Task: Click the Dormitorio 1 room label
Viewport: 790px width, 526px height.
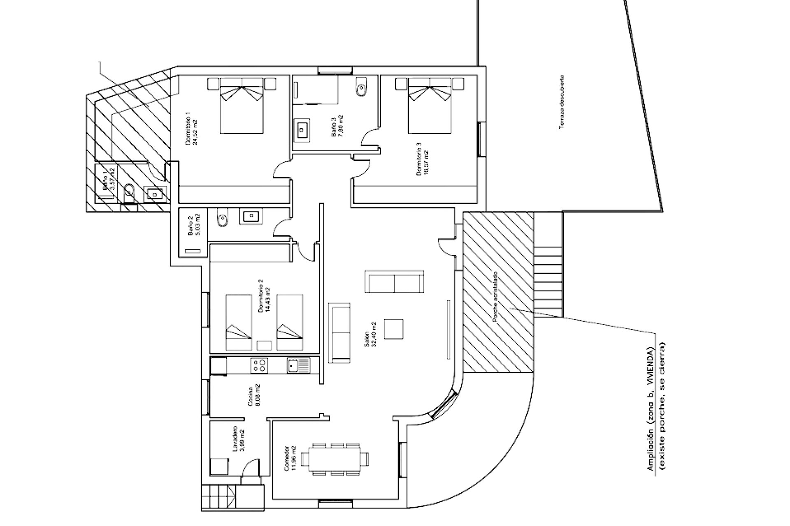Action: click(188, 129)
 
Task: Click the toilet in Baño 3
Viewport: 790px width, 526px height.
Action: click(361, 88)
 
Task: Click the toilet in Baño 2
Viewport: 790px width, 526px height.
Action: click(221, 218)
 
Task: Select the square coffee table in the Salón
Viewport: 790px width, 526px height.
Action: click(394, 329)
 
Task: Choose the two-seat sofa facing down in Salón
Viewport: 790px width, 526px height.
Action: click(395, 281)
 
